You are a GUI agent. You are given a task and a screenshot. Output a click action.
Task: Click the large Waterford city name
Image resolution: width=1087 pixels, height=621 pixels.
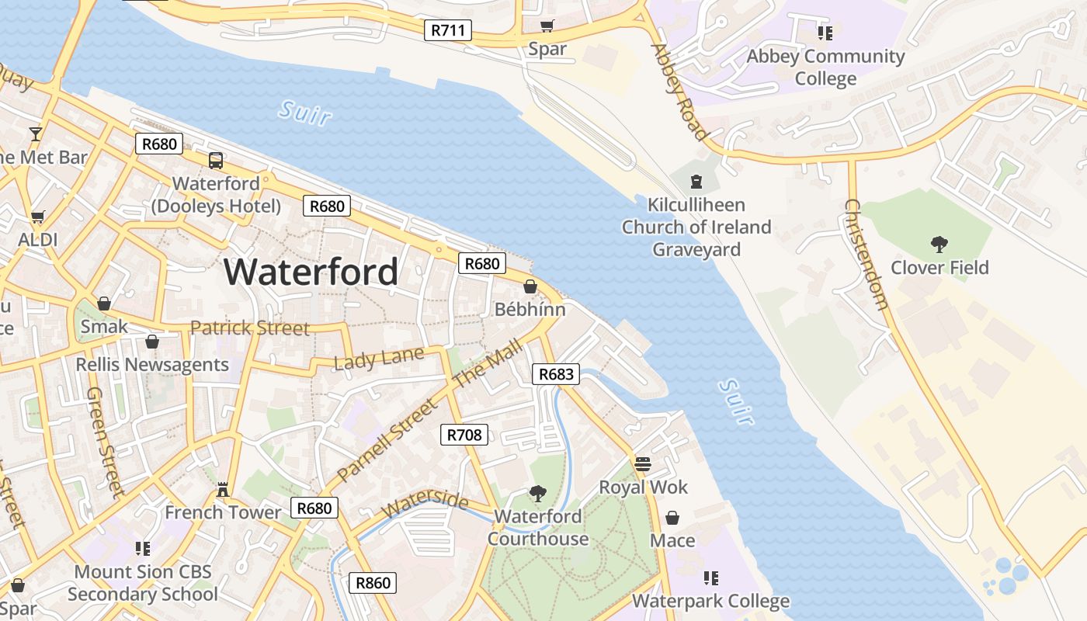tap(311, 272)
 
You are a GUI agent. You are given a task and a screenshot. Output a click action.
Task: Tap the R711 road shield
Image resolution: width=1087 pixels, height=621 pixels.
tap(449, 31)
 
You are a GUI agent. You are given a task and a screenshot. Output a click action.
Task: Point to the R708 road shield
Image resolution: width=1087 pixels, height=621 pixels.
tap(464, 435)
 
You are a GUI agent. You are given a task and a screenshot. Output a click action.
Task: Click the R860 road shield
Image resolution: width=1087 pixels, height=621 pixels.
tap(373, 583)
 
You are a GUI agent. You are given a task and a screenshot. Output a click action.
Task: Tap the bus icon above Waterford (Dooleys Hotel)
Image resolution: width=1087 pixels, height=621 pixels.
tap(216, 161)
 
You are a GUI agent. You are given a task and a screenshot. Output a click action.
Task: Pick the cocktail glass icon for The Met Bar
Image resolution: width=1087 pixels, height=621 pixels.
tap(36, 134)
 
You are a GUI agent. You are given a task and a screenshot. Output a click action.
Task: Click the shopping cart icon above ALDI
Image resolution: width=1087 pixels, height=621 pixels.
tap(37, 217)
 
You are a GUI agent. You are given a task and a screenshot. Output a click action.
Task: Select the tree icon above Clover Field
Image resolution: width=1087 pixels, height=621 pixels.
tap(939, 245)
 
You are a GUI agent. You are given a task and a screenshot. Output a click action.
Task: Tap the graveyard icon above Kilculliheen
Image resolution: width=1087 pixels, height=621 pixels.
tap(696, 182)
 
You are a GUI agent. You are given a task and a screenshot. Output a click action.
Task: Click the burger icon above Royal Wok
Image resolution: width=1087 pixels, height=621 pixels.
tap(642, 464)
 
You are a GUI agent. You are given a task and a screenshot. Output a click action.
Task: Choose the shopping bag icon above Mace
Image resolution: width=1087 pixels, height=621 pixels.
tap(672, 517)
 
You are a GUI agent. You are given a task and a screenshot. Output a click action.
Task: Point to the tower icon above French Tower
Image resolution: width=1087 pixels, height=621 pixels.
tap(223, 489)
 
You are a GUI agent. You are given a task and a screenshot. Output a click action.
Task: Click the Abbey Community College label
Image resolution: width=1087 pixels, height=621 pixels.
tap(825, 68)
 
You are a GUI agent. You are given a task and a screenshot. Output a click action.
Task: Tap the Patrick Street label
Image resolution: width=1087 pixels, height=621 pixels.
tap(249, 328)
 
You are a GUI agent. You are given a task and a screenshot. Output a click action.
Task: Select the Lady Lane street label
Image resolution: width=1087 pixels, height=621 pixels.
tap(379, 358)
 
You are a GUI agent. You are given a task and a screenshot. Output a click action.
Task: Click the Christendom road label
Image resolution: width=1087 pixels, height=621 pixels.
tap(866, 255)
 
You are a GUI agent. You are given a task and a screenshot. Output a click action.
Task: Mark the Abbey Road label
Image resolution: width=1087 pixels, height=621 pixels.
tap(679, 92)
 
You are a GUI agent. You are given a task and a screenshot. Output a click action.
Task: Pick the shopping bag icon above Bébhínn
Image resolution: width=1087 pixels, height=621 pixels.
tap(530, 286)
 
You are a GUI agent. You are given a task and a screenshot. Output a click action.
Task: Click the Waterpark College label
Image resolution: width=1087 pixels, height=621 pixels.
tap(710, 601)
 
